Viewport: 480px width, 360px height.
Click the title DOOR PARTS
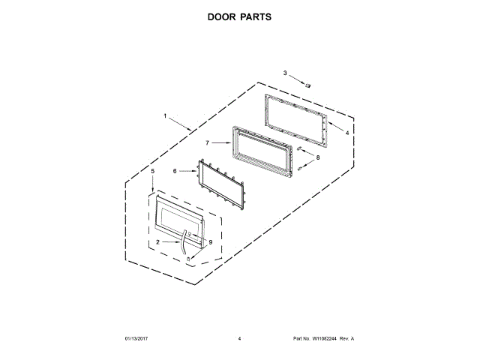[239, 16]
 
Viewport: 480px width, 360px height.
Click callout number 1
[166, 115]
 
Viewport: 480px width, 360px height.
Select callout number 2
[158, 242]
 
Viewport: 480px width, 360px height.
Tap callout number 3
[285, 73]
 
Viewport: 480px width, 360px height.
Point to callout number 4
[347, 133]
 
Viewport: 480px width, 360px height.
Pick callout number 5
[153, 172]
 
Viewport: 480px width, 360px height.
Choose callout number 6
[175, 171]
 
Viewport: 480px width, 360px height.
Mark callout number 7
[208, 141]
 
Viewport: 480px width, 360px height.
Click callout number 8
[317, 157]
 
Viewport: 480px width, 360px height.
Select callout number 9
[211, 242]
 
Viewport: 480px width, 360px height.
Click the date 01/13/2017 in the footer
[137, 339]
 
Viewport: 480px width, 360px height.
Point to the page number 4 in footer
[239, 339]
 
